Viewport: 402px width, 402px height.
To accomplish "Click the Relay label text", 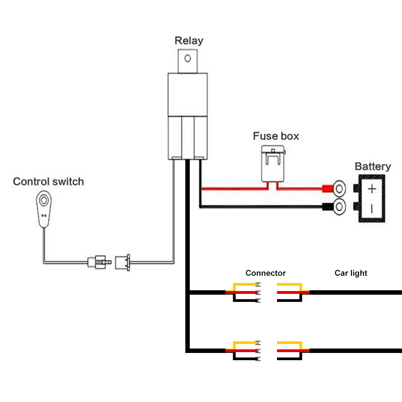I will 189,41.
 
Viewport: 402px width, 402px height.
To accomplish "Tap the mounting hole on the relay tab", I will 187,59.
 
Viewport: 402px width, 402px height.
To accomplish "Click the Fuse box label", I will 276,136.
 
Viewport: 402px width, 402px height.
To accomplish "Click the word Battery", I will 372,166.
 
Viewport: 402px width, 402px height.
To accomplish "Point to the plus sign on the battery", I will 372,189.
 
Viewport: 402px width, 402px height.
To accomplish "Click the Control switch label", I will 48,181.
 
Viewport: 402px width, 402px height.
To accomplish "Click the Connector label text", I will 265,273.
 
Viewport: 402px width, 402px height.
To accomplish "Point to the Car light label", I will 351,273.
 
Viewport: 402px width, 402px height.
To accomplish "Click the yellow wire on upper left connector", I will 245,285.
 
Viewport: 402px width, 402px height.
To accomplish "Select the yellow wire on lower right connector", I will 289,343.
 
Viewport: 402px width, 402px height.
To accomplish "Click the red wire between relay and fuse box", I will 233,188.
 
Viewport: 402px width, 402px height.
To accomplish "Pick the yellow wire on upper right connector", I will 289,285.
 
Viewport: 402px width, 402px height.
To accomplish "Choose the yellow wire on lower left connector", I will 245,343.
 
